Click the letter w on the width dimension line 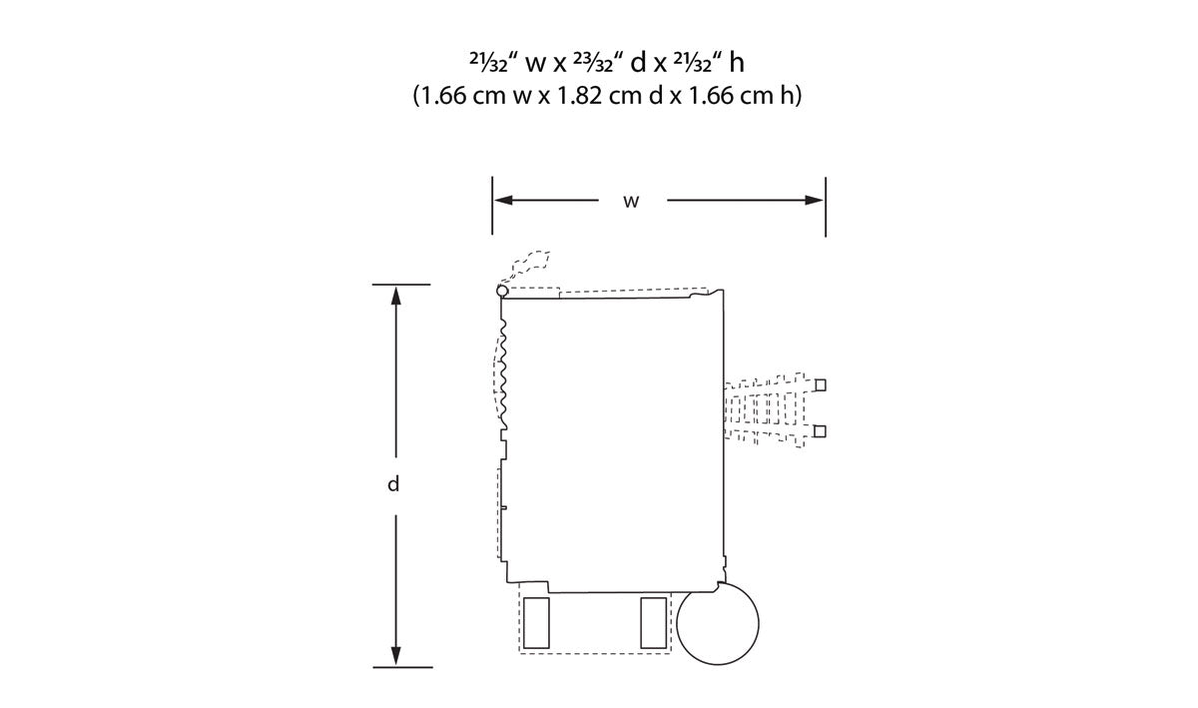tap(631, 202)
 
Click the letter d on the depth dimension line tap(393, 484)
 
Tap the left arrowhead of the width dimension tap(503, 200)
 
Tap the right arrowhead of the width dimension tap(814, 200)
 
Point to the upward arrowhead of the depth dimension tap(395, 296)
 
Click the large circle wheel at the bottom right tap(718, 623)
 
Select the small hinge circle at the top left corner tap(502, 292)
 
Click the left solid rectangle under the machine tap(536, 623)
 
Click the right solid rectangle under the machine tap(654, 623)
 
